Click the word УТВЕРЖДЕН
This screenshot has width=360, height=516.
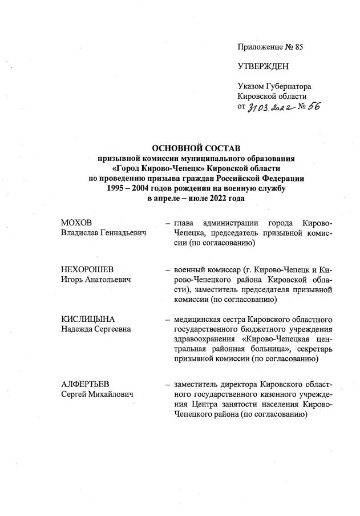pos(263,66)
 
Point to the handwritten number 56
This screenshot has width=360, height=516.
pos(314,108)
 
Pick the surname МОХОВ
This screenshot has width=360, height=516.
pos(76,222)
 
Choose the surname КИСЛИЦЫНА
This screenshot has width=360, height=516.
pos(88,319)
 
